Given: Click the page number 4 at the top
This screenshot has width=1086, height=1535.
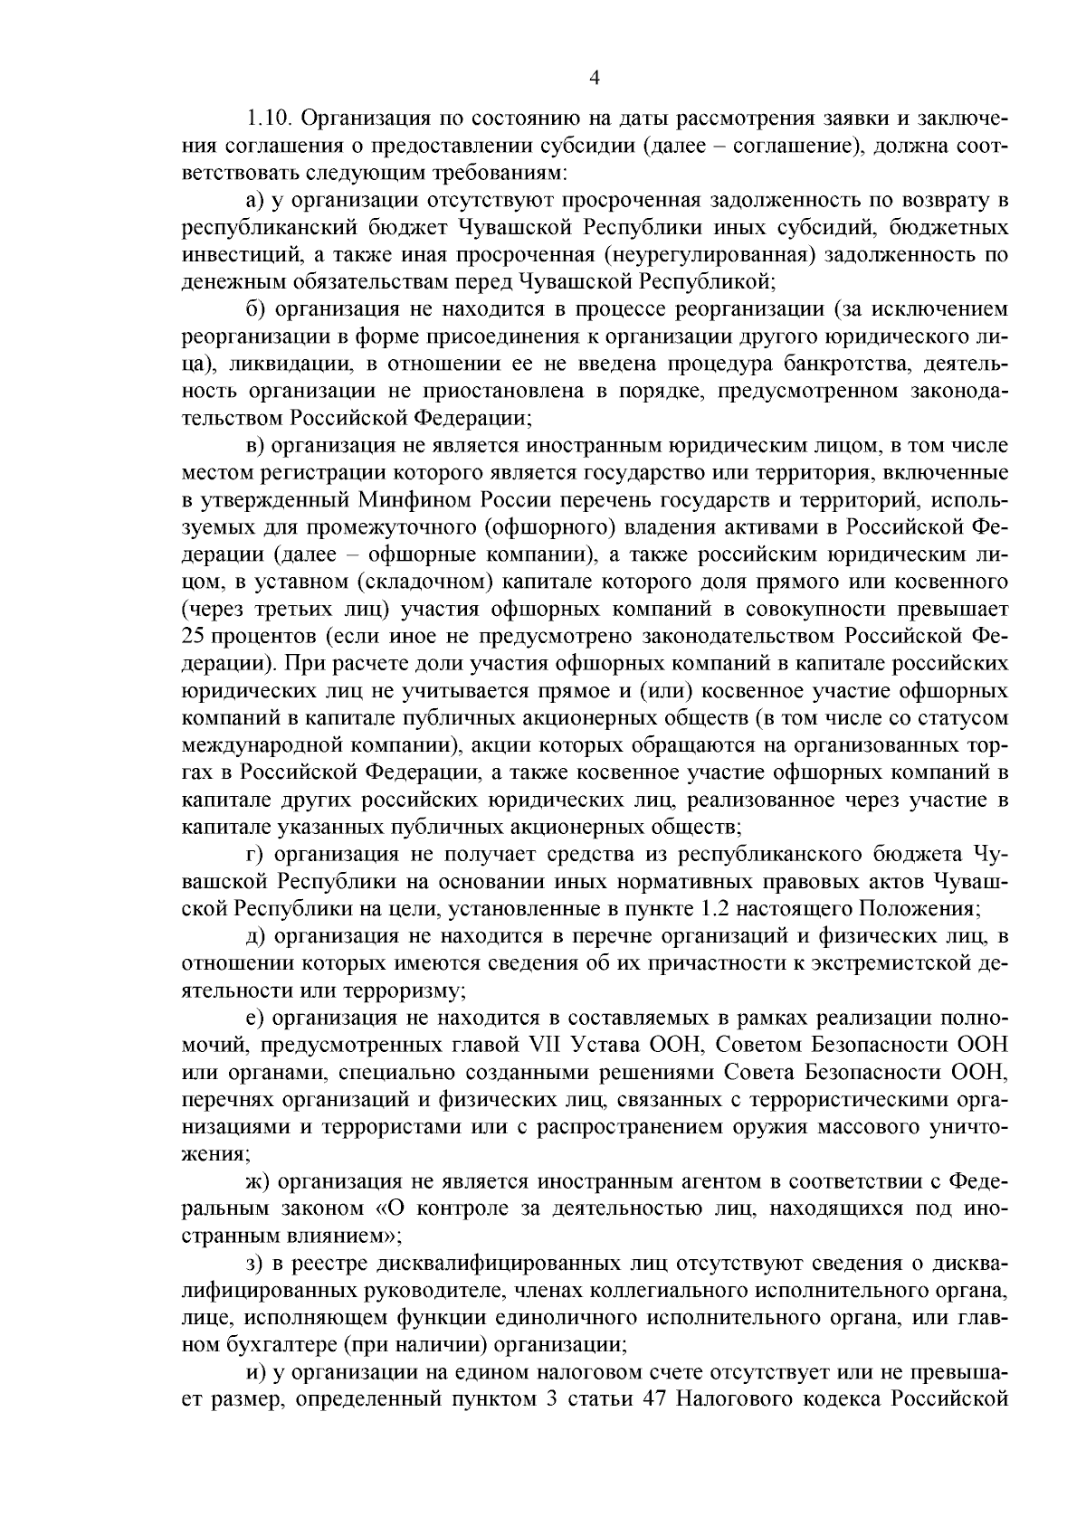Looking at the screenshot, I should click(595, 78).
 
